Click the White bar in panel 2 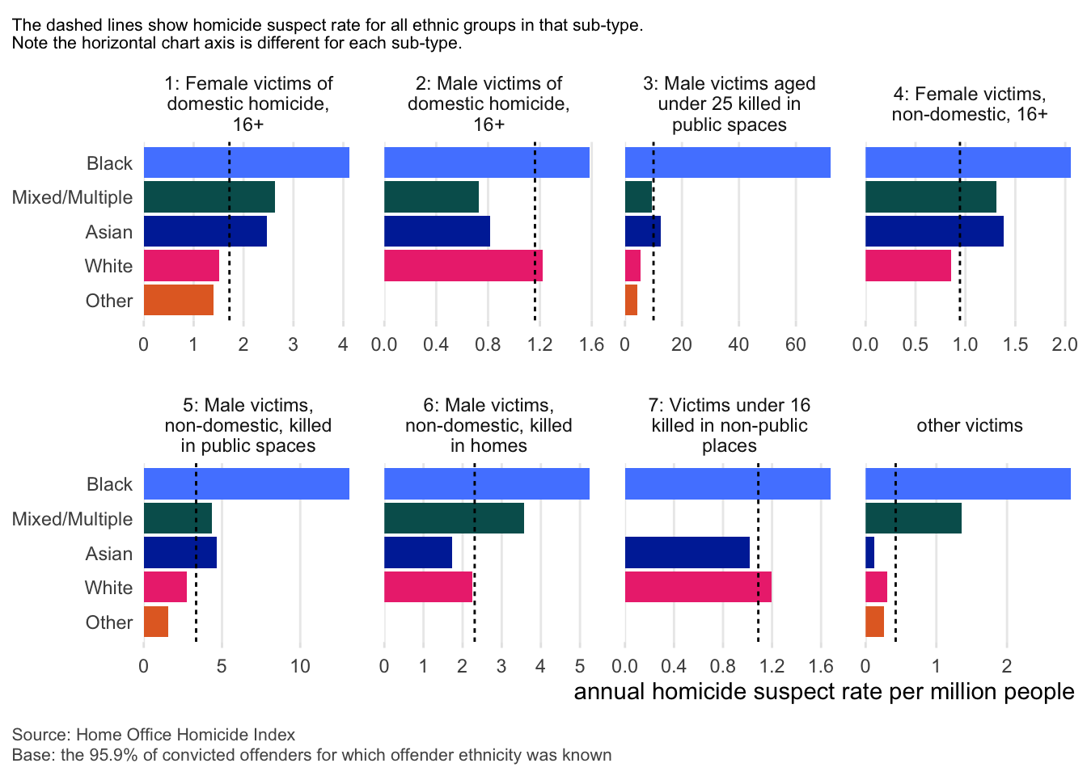[463, 266]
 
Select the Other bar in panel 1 [179, 300]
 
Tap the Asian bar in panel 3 [642, 231]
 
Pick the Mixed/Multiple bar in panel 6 [454, 518]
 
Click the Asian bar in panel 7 [687, 553]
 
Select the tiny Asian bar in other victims [869, 553]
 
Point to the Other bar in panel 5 [156, 622]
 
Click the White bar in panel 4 [907, 266]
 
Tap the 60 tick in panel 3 [796, 344]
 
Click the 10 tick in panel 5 [300, 666]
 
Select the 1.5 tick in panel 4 [1015, 344]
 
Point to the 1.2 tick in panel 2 [539, 344]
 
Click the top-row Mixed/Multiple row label [72, 197]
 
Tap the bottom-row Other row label [109, 622]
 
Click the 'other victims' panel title [969, 425]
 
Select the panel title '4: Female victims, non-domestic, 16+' [969, 103]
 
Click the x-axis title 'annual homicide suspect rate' [823, 692]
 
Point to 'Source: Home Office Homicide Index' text [154, 735]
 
